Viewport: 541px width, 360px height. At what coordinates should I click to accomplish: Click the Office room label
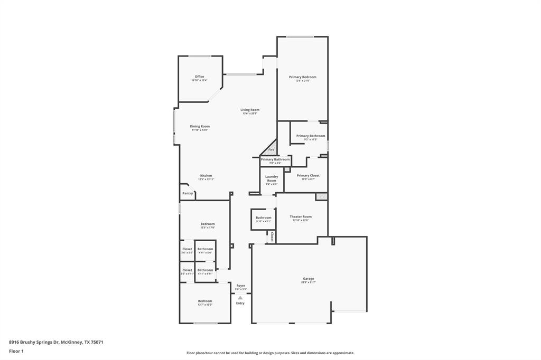pyautogui.click(x=199, y=77)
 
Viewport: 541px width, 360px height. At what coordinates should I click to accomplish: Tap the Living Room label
pyautogui.click(x=250, y=110)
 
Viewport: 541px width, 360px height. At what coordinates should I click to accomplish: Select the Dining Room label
pyautogui.click(x=200, y=126)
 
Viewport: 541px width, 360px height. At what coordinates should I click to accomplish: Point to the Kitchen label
pyautogui.click(x=206, y=176)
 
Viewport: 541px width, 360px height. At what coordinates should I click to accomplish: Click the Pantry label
pyautogui.click(x=188, y=193)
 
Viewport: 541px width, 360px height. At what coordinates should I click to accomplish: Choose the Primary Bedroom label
pyautogui.click(x=302, y=77)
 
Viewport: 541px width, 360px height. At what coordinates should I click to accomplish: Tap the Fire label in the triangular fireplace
pyautogui.click(x=271, y=150)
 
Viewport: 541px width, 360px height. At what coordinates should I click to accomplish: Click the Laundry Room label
pyautogui.click(x=272, y=178)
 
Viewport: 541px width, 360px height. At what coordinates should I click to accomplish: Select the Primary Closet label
pyautogui.click(x=307, y=176)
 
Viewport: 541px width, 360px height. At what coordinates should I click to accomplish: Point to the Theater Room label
pyautogui.click(x=301, y=216)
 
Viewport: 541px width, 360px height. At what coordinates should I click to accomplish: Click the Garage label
pyautogui.click(x=308, y=279)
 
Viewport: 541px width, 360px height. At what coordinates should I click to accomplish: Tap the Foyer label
pyautogui.click(x=240, y=286)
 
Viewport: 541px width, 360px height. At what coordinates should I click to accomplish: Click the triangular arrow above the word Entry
pyautogui.click(x=240, y=298)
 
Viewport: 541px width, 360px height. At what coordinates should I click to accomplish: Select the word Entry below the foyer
pyautogui.click(x=240, y=303)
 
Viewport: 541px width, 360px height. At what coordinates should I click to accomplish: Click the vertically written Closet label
pyautogui.click(x=272, y=236)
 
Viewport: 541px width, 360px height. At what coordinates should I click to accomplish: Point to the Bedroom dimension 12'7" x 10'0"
pyautogui.click(x=205, y=305)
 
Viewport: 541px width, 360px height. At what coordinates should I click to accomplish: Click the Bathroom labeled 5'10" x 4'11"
pyautogui.click(x=263, y=218)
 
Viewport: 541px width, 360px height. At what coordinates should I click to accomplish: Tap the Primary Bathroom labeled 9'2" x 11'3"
pyautogui.click(x=310, y=136)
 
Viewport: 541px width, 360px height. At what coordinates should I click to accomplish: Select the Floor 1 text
pyautogui.click(x=16, y=350)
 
